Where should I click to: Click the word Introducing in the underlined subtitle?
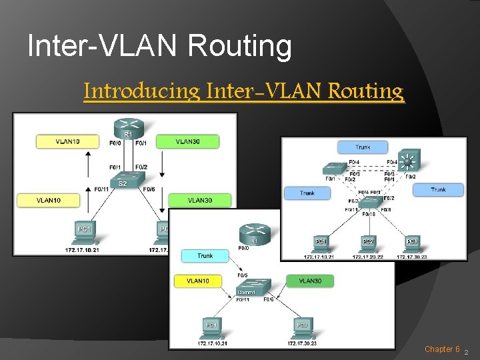[141, 91]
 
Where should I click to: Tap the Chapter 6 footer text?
[442, 349]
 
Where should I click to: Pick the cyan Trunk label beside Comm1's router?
[205, 255]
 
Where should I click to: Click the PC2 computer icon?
[367, 243]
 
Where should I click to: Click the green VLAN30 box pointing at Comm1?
[310, 281]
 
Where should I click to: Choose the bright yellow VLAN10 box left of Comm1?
[197, 281]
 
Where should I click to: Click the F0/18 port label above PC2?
[368, 215]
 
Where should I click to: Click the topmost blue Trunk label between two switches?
[363, 147]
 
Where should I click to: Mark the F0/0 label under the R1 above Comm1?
[244, 248]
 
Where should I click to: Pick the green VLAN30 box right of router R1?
[187, 141]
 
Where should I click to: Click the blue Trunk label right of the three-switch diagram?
[438, 190]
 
